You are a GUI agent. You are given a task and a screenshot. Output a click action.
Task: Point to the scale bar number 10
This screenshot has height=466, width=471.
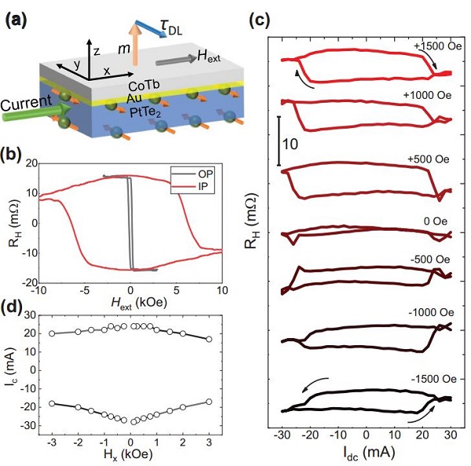(291, 144)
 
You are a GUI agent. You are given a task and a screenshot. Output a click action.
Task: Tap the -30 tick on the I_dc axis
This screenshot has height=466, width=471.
(280, 435)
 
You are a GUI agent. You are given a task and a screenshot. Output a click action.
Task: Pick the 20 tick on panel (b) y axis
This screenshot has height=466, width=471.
(31, 164)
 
